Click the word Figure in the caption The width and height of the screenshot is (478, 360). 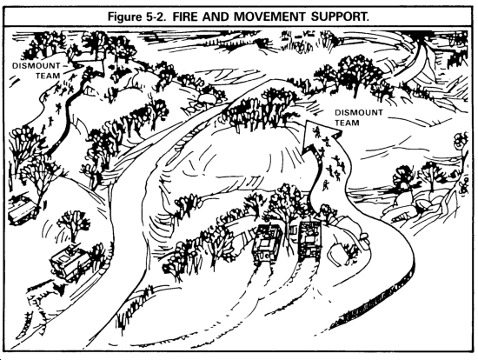point(123,17)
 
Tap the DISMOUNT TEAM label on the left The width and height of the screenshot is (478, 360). point(37,70)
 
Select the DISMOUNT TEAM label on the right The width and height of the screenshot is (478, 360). point(358,117)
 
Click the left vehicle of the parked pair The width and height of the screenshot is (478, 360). point(267,243)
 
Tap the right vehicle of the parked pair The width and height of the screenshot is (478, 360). point(309,241)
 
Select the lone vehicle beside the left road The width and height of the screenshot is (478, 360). point(70,261)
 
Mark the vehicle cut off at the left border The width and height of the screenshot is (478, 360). point(21,209)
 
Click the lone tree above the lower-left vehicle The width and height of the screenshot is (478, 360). point(74,224)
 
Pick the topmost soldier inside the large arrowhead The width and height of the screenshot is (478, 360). point(317,131)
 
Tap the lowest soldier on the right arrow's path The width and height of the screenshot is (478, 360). point(326,185)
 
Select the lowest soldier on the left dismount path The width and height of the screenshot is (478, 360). point(43,130)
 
